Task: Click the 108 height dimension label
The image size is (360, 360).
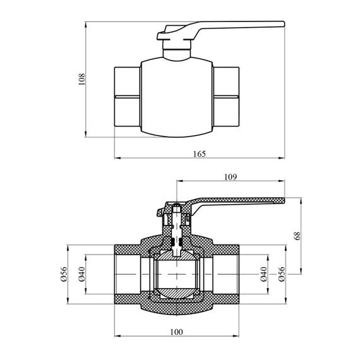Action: (x=81, y=79)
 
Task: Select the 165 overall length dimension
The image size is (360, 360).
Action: (x=200, y=153)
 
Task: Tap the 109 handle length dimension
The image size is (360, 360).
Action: (x=231, y=177)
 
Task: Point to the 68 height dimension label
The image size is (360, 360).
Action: (x=297, y=236)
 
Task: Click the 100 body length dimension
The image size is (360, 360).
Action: (x=177, y=332)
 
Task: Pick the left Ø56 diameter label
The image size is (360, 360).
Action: (x=63, y=274)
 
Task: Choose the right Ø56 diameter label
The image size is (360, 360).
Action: (x=282, y=274)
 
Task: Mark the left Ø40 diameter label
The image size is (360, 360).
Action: (x=81, y=274)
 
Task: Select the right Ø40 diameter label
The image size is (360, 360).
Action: (x=263, y=274)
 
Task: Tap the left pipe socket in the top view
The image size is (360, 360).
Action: (x=128, y=97)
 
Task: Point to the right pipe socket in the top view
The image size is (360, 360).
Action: (x=226, y=97)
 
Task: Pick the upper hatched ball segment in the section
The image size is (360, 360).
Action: (x=177, y=255)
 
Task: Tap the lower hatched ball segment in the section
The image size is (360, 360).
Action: (x=177, y=293)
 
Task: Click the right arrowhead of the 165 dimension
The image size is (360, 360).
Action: (x=282, y=158)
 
